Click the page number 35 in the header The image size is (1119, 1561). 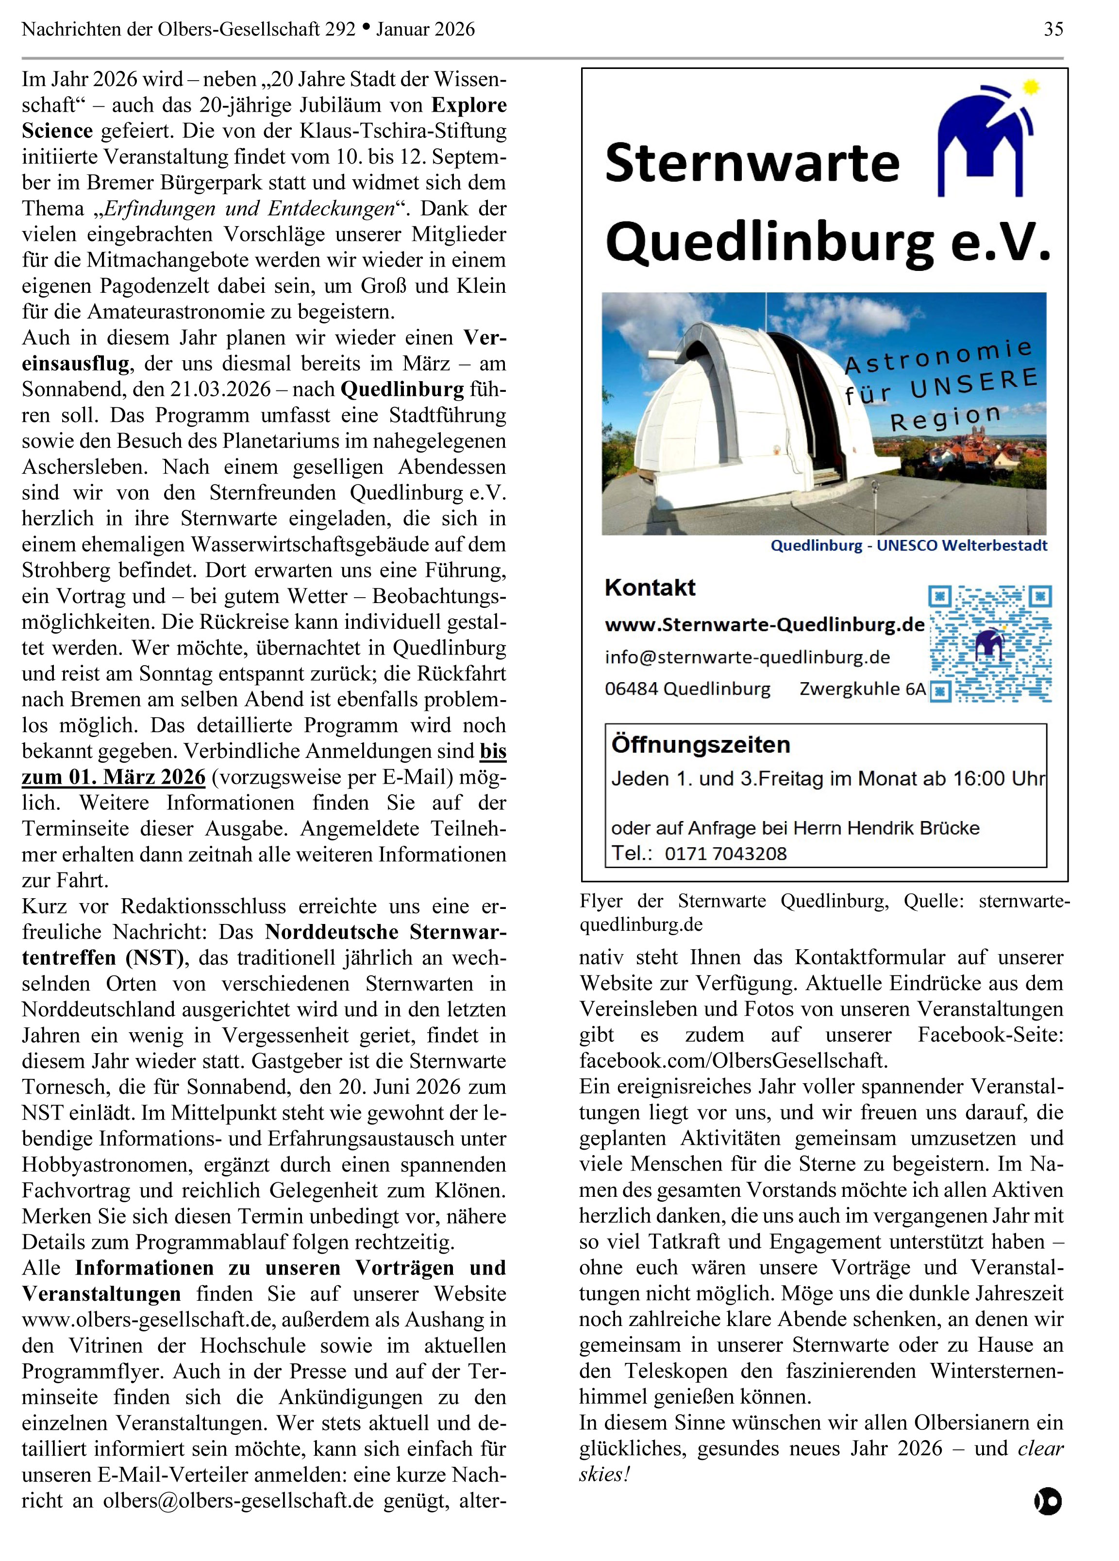coord(1053,29)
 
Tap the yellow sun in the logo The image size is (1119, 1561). coord(1030,87)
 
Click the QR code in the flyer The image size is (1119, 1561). coord(989,643)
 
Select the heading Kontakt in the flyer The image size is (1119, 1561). coord(650,587)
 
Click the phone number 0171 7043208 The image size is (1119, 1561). coord(725,854)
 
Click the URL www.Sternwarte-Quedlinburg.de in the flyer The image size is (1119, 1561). coord(764,625)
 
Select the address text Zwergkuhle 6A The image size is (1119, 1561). coord(862,689)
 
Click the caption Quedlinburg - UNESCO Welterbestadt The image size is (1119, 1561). coord(908,546)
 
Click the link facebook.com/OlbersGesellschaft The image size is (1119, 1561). coord(733,1060)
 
